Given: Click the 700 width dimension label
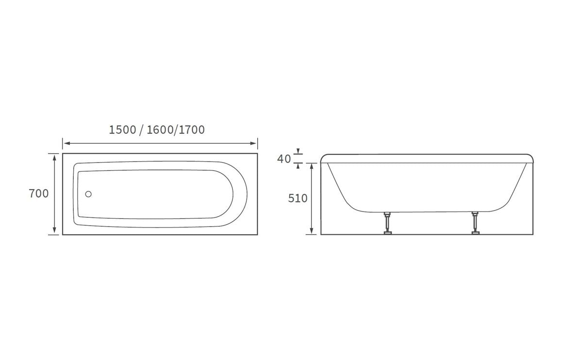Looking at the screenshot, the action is coord(39,194).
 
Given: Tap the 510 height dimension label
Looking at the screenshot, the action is coord(297,198).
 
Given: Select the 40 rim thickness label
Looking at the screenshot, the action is coord(284,159).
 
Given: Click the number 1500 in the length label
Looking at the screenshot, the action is coord(122,130).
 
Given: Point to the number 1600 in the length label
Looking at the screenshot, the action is coord(160,130).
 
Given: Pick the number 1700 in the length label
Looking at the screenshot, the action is coord(191,130).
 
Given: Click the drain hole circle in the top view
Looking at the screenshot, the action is coord(88,194).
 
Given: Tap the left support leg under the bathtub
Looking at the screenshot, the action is coord(387,223).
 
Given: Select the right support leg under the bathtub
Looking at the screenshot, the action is coord(475,223).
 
